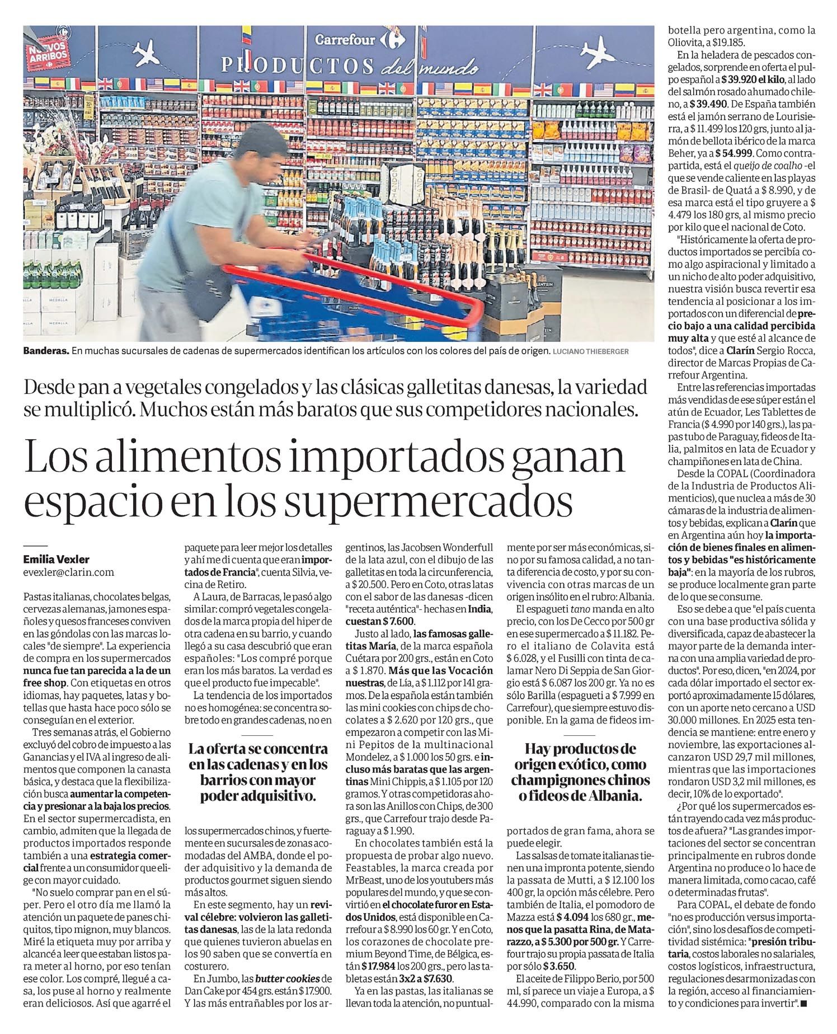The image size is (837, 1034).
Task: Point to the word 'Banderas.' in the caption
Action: coord(46,351)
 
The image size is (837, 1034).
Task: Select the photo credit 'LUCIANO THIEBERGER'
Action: coord(590,351)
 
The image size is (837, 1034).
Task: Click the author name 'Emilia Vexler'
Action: coord(56,560)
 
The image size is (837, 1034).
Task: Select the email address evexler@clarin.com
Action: coord(68,572)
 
